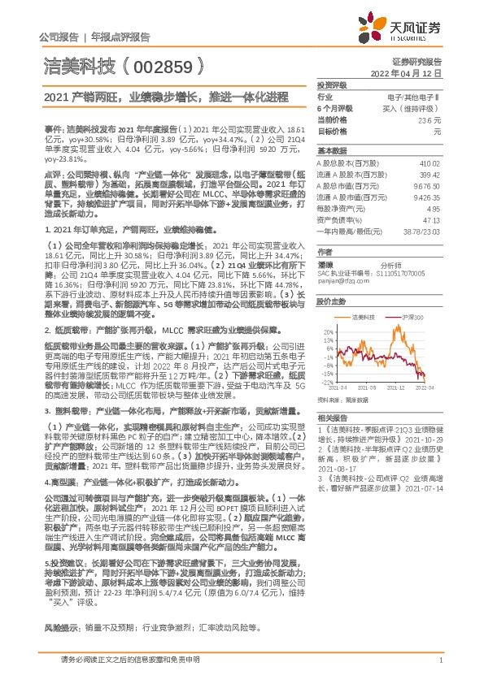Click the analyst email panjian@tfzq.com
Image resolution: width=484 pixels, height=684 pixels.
[x=340, y=282]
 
